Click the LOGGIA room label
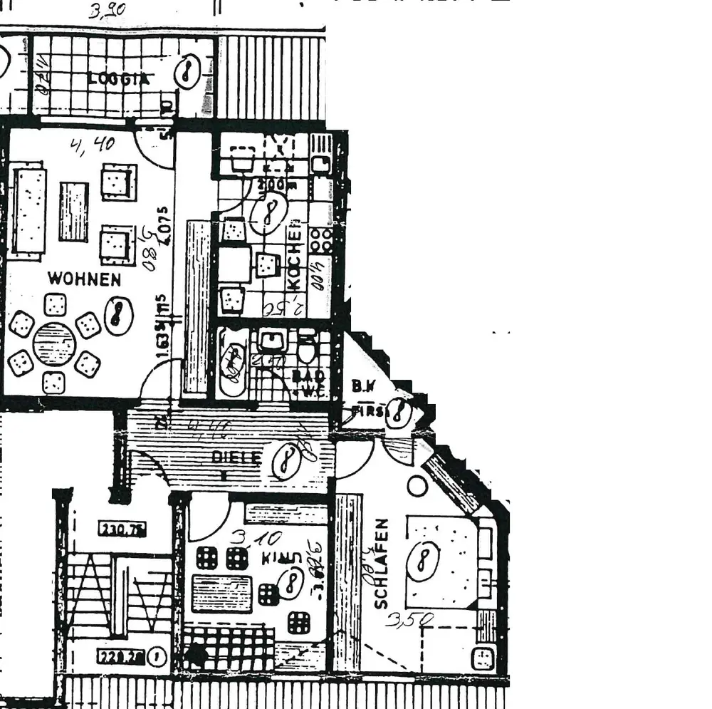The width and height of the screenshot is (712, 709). (x=119, y=79)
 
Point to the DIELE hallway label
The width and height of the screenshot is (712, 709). (x=238, y=457)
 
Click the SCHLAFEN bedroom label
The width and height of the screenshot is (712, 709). (x=382, y=564)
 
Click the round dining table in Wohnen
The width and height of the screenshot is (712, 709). (x=54, y=344)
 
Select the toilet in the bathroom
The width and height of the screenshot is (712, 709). (x=307, y=349)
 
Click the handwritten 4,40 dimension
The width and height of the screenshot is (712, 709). (x=93, y=145)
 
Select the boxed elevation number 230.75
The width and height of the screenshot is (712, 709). (x=122, y=529)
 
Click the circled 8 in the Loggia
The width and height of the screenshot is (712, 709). (x=187, y=71)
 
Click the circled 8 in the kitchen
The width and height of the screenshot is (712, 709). (x=268, y=212)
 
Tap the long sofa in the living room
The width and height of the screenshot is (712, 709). (x=29, y=210)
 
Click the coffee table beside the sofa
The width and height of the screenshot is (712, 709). (x=73, y=212)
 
